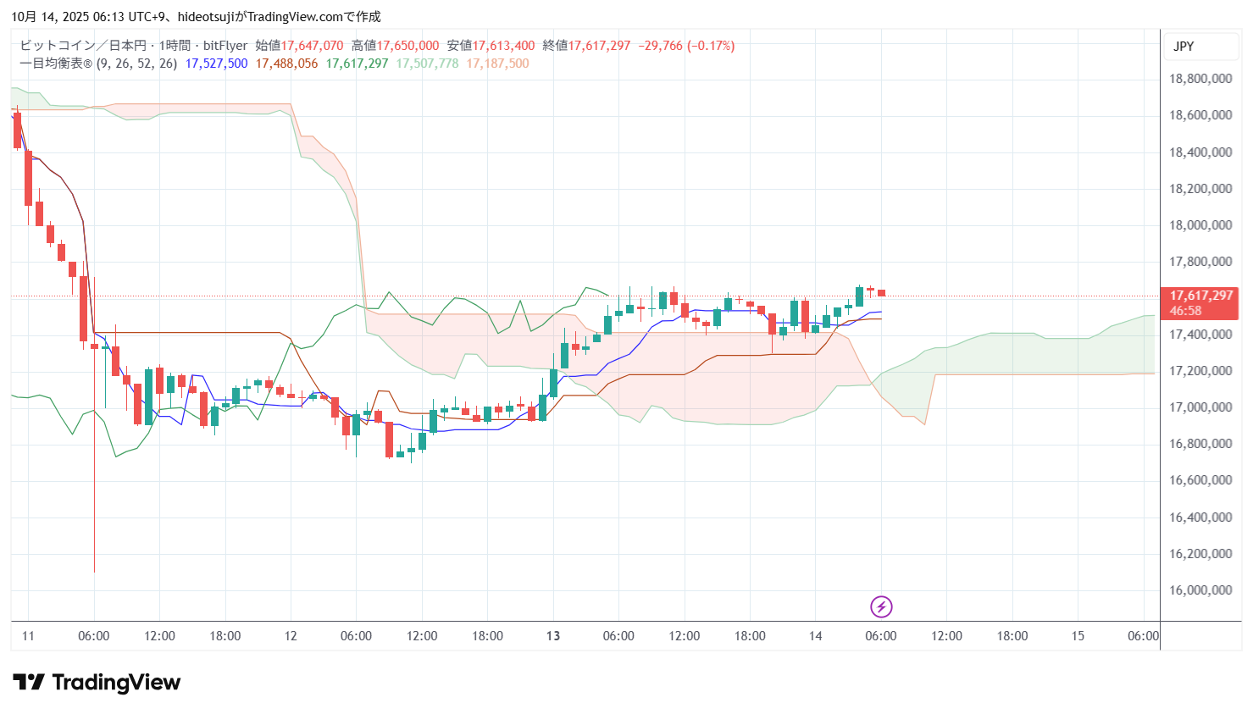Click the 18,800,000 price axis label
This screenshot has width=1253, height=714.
point(1200,79)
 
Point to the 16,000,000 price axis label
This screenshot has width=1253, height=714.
point(1200,590)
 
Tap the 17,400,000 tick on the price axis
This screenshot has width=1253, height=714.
point(1200,335)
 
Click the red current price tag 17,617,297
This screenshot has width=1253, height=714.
point(1200,296)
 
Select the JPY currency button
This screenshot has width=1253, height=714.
point(1184,47)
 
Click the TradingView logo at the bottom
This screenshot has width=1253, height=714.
point(97,683)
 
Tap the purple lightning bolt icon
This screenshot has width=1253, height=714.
point(881,606)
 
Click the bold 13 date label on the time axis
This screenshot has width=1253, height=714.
point(553,636)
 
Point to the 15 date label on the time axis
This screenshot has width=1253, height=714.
point(1078,636)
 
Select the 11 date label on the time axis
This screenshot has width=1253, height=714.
point(28,636)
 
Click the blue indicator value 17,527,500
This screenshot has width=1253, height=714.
point(216,64)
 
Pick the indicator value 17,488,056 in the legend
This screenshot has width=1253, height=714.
point(286,64)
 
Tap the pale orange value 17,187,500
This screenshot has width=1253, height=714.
point(497,64)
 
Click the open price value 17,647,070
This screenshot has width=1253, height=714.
point(312,46)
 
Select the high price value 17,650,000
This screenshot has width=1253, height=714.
point(408,46)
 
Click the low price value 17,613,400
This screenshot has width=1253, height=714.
point(503,46)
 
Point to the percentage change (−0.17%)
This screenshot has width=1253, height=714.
point(711,46)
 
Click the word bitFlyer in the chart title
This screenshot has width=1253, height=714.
point(225,46)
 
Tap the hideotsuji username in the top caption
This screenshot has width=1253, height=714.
point(206,17)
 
